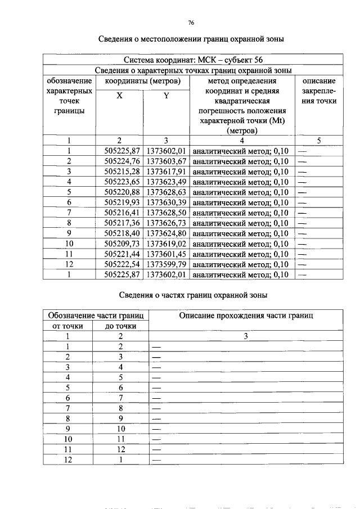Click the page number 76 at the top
pyautogui.click(x=191, y=22)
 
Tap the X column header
pyautogui.click(x=119, y=96)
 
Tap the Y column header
pyautogui.click(x=166, y=96)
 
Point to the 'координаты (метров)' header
pyautogui.click(x=143, y=81)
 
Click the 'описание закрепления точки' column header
pyautogui.click(x=318, y=91)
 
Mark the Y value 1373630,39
pyautogui.click(x=166, y=202)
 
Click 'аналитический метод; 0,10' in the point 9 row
pyautogui.click(x=240, y=233)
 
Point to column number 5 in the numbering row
pyautogui.click(x=318, y=141)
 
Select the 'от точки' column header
pyautogui.click(x=67, y=326)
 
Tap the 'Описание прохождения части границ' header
pyautogui.click(x=246, y=316)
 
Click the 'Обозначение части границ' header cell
pyautogui.click(x=94, y=316)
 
